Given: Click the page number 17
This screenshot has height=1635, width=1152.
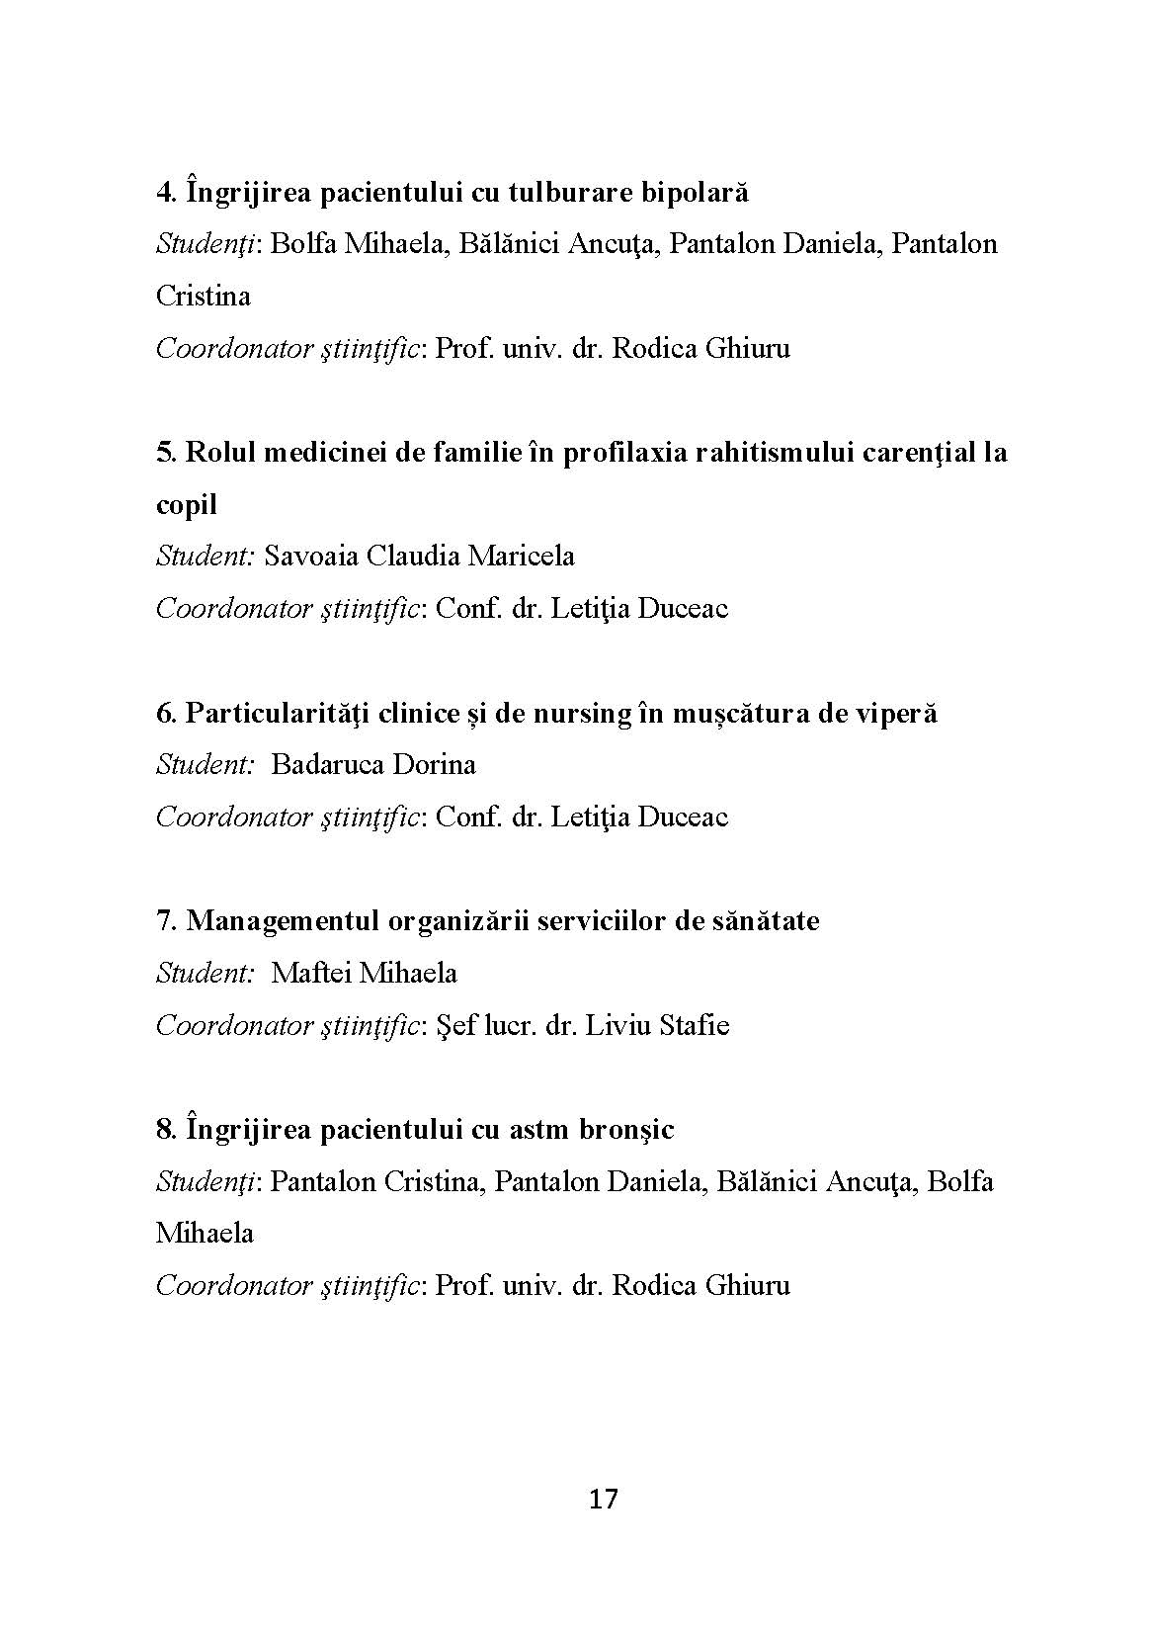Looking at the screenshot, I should (603, 1500).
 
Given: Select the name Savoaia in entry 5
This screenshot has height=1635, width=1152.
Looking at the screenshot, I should (311, 556).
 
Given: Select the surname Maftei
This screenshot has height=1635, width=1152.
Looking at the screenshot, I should (311, 974).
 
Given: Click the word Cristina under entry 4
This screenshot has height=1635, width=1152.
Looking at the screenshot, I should (203, 296).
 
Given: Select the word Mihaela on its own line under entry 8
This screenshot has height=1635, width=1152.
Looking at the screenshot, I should (205, 1234).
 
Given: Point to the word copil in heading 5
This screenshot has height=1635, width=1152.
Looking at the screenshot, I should (187, 505).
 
